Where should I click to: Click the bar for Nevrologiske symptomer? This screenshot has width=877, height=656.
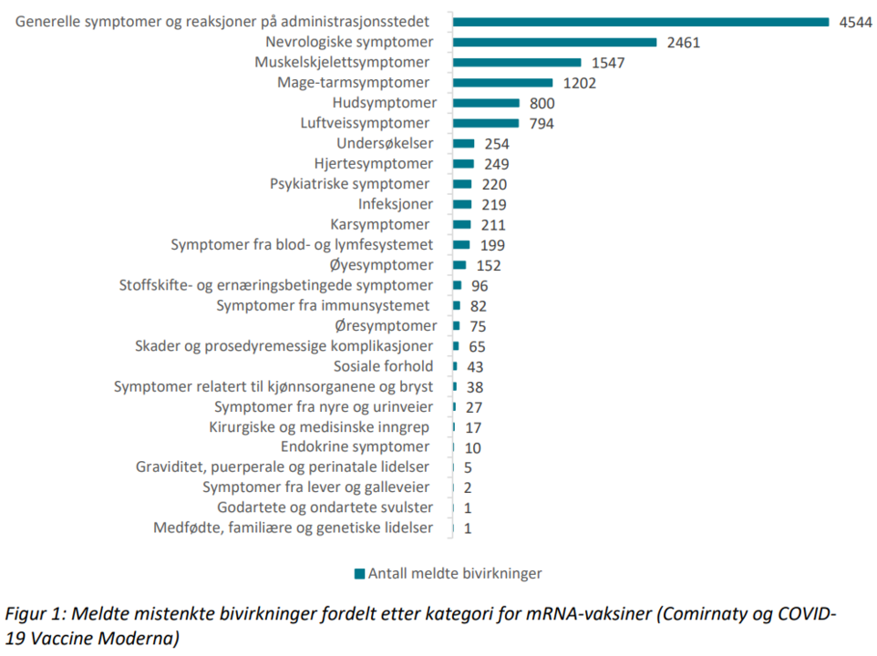click(x=554, y=42)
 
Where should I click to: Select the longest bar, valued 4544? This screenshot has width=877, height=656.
click(x=640, y=22)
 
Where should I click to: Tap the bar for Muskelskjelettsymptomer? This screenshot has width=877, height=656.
click(x=517, y=62)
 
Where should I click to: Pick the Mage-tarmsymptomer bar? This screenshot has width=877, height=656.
click(x=502, y=83)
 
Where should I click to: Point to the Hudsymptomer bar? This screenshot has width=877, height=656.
click(x=486, y=103)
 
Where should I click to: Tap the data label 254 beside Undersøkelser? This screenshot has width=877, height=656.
click(x=496, y=144)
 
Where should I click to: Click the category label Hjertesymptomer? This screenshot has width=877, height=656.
click(x=373, y=164)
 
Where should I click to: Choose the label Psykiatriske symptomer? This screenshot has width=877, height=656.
click(x=350, y=184)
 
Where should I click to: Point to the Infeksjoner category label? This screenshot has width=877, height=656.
click(x=395, y=204)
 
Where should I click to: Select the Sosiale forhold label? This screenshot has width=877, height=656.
click(x=383, y=366)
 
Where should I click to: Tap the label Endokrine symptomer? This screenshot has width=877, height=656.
click(x=355, y=446)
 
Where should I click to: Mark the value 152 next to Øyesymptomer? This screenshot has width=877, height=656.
click(x=489, y=265)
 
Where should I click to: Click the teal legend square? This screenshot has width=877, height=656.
click(x=359, y=573)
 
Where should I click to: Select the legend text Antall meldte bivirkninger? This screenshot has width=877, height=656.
click(x=455, y=573)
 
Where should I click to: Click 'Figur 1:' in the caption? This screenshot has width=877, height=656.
click(x=39, y=613)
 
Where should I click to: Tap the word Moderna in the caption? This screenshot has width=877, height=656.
click(x=136, y=638)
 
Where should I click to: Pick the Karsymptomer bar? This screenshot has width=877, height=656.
click(x=462, y=224)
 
